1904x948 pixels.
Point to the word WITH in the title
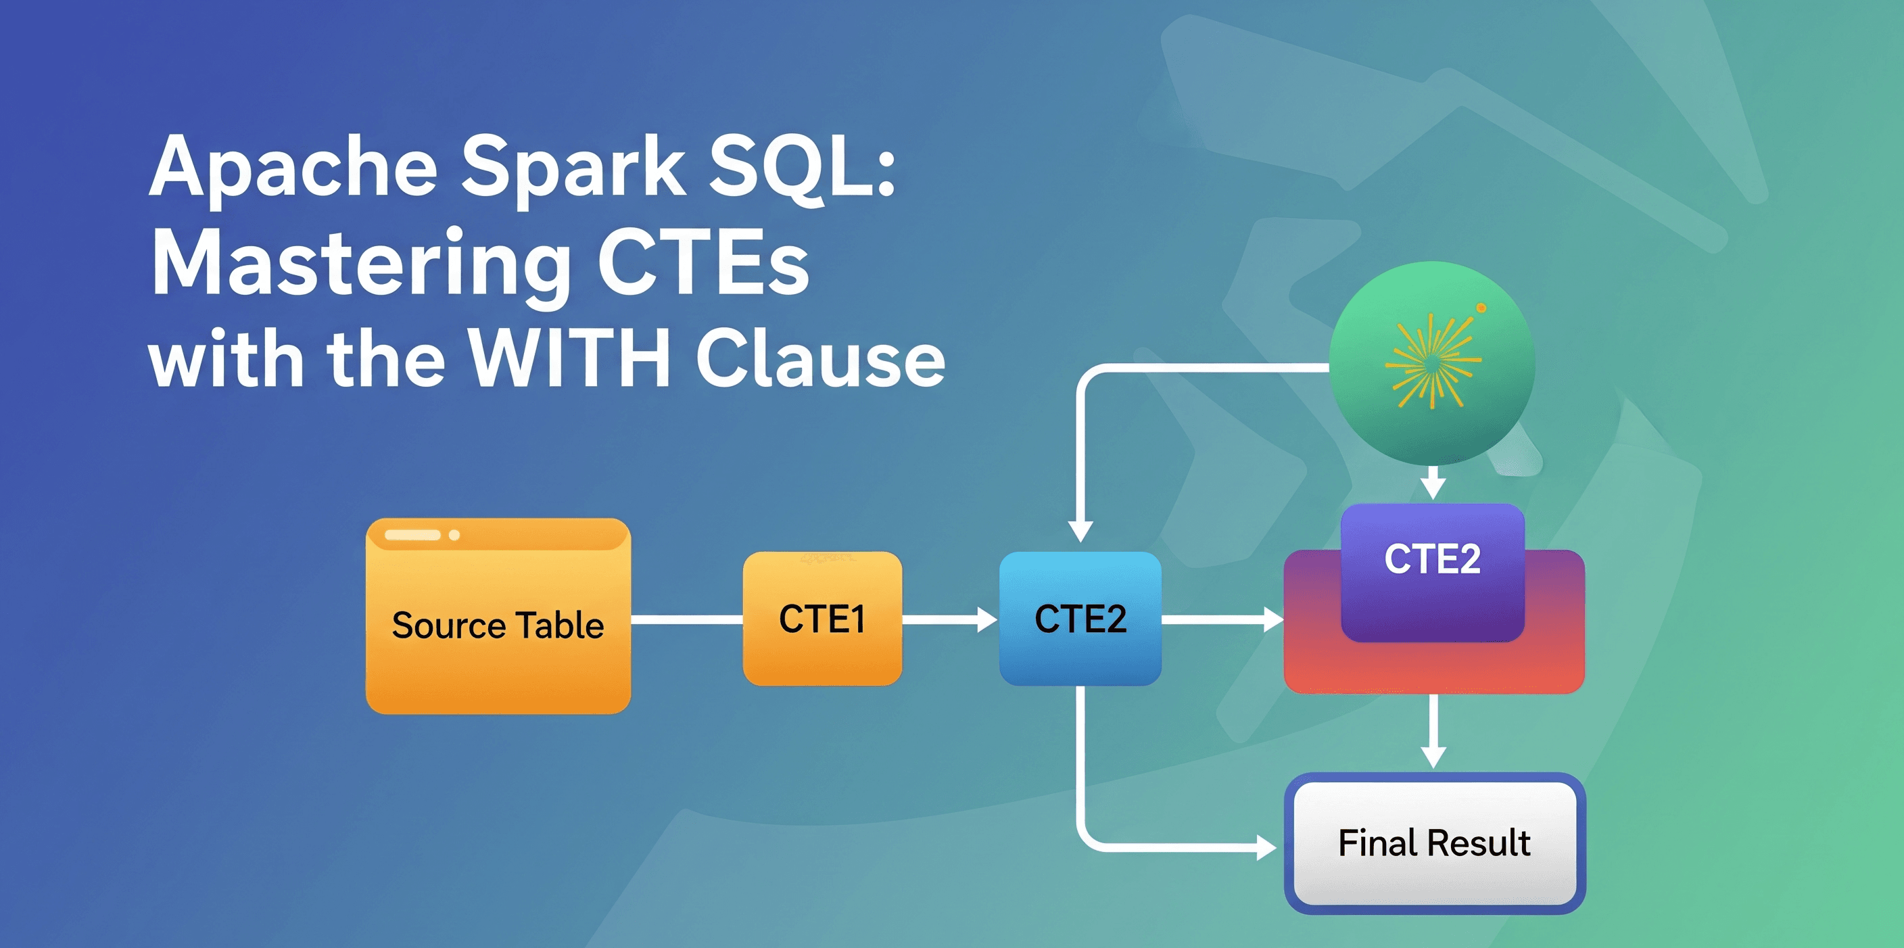(x=569, y=358)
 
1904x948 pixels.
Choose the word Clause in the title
(x=820, y=358)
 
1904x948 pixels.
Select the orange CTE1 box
(x=822, y=619)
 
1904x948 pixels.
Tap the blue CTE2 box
(x=1080, y=619)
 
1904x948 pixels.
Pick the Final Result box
(x=1434, y=843)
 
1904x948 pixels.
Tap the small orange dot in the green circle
(x=1481, y=308)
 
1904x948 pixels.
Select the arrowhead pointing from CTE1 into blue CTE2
(x=986, y=619)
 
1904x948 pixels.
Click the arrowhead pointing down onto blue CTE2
(x=1080, y=531)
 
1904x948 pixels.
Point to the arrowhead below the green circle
(x=1433, y=488)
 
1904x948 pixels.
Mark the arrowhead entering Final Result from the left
(x=1266, y=847)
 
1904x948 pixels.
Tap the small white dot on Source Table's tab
(x=454, y=535)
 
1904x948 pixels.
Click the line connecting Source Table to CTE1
(x=687, y=619)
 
